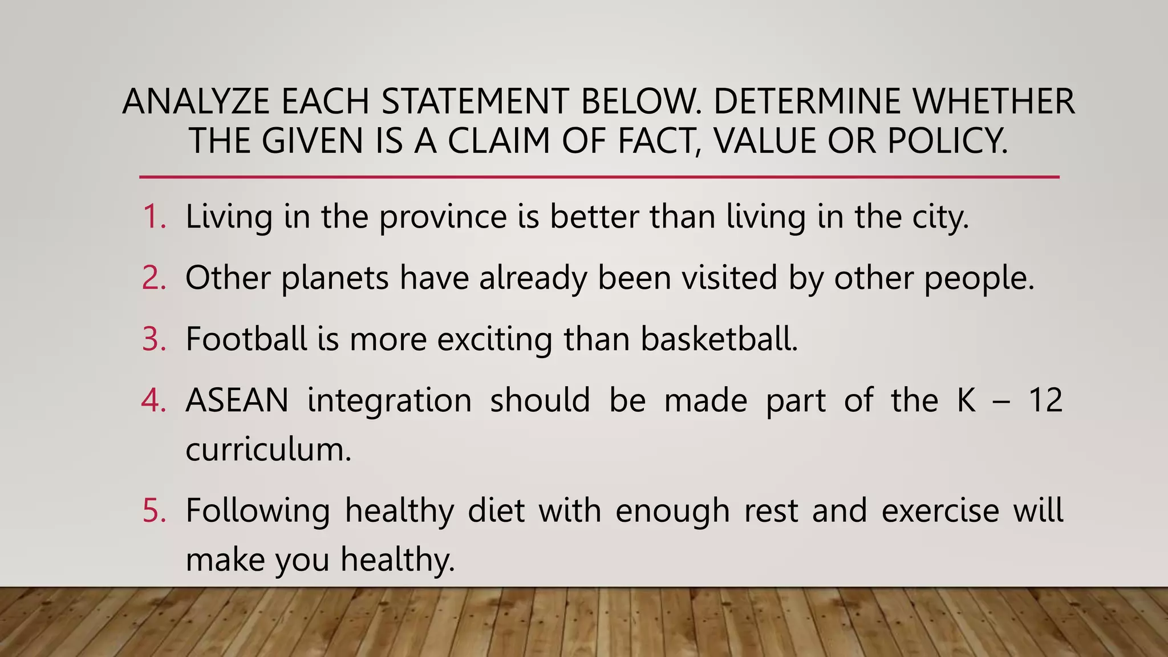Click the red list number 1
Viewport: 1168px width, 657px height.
pos(153,217)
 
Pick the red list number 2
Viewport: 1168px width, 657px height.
pos(153,278)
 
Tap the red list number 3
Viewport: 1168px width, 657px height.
pos(153,339)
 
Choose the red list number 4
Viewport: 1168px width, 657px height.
pos(153,400)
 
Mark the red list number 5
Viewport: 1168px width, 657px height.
pos(153,510)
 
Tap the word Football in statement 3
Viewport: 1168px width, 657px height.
pos(246,339)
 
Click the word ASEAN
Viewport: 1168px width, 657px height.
pos(237,400)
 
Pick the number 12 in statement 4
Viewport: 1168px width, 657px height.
pos(1045,400)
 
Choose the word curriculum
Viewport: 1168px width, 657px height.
pos(268,449)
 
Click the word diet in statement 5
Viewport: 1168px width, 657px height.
pos(496,510)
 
